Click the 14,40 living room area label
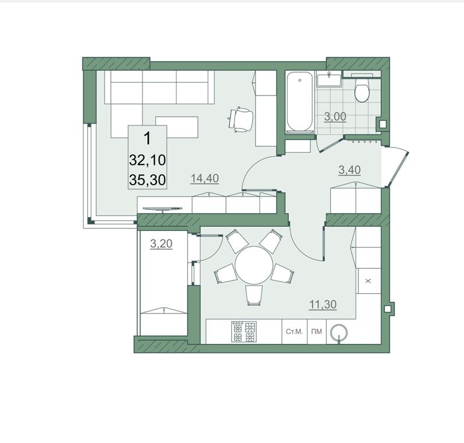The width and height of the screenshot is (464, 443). [205, 178]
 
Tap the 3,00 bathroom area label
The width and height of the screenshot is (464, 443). [335, 117]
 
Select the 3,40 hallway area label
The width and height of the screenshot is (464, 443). [349, 170]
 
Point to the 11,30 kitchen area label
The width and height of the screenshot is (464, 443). [323, 304]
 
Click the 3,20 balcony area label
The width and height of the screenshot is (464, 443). [161, 244]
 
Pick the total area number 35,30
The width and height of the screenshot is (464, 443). [147, 180]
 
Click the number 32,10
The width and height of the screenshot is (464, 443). [147, 160]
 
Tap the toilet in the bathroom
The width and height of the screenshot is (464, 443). [362, 89]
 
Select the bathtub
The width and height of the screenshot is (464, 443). [300, 102]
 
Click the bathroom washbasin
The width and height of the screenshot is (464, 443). [329, 80]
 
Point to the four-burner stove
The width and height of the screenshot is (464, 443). [244, 332]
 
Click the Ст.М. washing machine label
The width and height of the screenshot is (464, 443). [295, 332]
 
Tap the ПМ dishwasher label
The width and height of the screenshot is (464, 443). [317, 332]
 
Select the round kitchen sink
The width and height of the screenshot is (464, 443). [339, 333]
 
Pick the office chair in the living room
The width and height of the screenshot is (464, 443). [241, 119]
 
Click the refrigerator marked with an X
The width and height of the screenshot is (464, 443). [369, 281]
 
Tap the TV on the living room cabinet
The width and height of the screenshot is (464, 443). [162, 209]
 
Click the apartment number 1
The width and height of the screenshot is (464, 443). [147, 138]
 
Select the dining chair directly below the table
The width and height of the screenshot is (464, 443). [254, 295]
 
